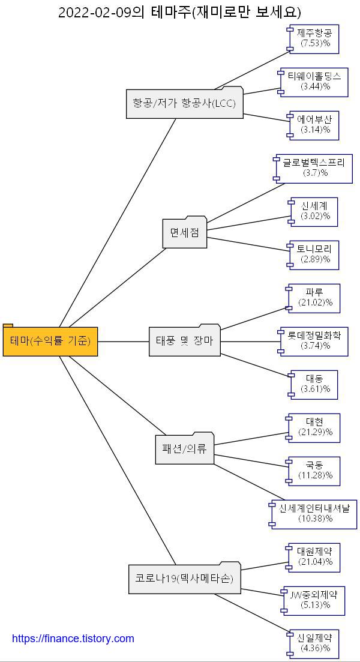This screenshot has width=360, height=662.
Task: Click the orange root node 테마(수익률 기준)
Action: click(x=50, y=342)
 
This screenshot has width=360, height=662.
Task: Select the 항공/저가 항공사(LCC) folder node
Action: click(x=184, y=103)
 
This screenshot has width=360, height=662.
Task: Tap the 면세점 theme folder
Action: click(x=185, y=233)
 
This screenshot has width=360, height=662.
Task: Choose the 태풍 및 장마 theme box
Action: click(x=184, y=342)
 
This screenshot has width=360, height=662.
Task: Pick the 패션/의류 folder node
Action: click(x=184, y=449)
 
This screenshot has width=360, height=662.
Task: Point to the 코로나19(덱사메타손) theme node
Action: click(x=184, y=579)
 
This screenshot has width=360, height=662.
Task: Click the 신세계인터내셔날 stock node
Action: click(x=313, y=514)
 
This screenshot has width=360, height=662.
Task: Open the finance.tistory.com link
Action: click(x=73, y=639)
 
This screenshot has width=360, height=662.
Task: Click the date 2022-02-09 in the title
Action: click(x=94, y=12)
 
